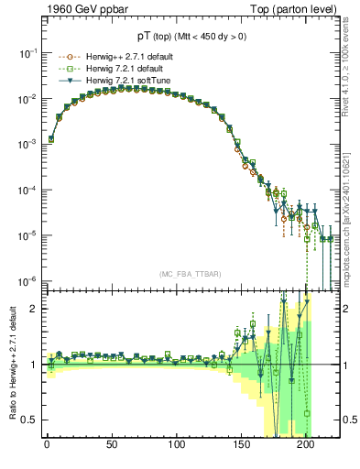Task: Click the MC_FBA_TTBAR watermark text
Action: click(190, 275)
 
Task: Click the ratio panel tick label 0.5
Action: click(29, 420)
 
